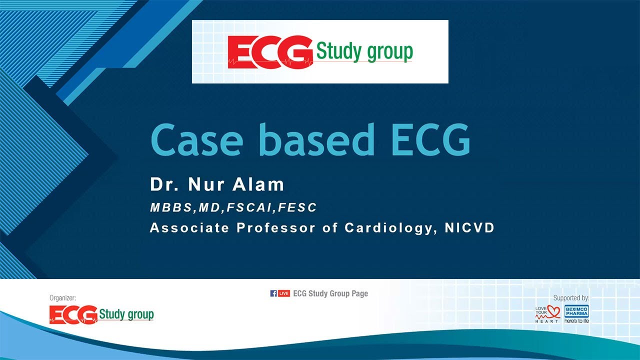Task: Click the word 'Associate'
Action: (189, 228)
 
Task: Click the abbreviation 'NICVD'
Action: (469, 228)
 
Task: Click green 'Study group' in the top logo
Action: (364, 52)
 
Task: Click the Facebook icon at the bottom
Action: (273, 293)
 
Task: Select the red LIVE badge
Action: (284, 293)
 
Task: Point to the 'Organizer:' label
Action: (63, 298)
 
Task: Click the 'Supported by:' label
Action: (571, 298)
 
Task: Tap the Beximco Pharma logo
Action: (576, 313)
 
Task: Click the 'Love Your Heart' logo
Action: (547, 313)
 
